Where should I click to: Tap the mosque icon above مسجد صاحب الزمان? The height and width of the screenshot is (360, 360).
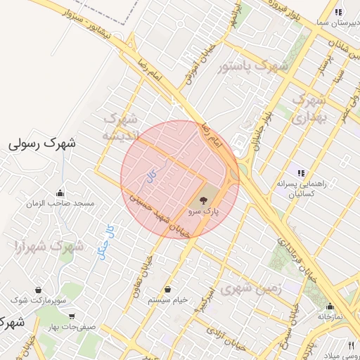(x=60, y=193)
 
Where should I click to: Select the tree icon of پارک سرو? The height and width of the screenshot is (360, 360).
(x=204, y=201)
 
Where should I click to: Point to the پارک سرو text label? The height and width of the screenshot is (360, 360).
(x=204, y=211)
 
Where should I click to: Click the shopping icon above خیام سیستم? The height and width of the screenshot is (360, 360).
(x=167, y=290)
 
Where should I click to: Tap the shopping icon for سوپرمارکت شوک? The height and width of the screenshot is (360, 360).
(x=38, y=290)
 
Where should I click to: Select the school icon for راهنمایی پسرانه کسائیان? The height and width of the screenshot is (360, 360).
(x=301, y=173)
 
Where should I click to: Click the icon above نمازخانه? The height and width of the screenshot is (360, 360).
(x=330, y=306)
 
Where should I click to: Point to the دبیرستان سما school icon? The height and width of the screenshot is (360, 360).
(x=338, y=12)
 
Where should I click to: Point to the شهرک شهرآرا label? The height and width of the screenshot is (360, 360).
(x=45, y=247)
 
